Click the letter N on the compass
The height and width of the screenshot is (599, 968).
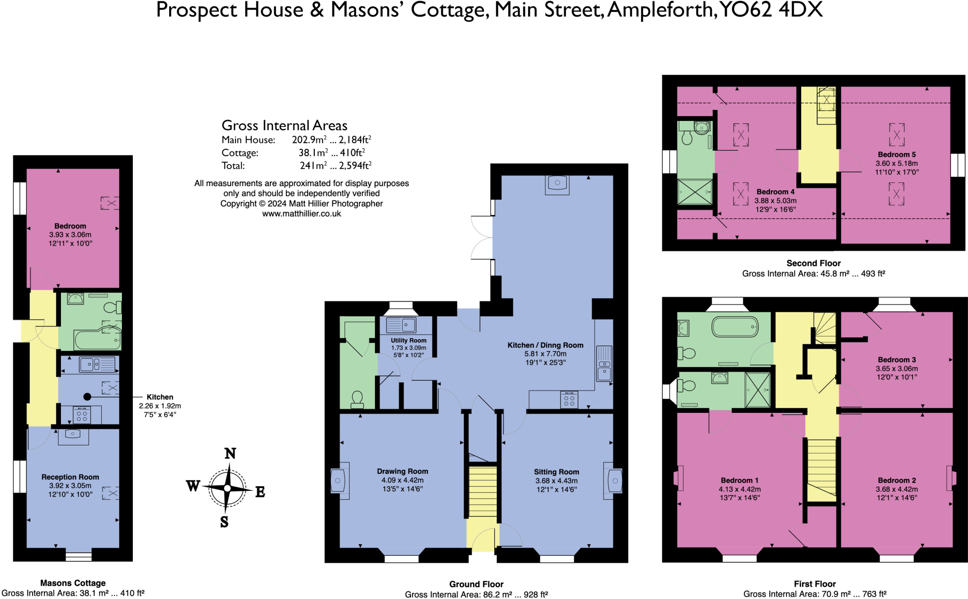(x=230, y=454)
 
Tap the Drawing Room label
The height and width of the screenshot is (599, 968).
(x=402, y=471)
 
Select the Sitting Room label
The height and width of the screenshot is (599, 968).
(x=556, y=472)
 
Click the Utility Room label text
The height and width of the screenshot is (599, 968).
(x=408, y=341)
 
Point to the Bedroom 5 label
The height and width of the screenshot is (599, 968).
(x=897, y=154)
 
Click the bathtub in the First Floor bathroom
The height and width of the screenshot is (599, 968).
(x=735, y=327)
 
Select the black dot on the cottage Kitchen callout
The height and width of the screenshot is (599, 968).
(x=87, y=397)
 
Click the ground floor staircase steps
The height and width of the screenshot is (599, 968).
(x=483, y=491)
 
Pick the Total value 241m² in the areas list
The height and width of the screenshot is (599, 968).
(x=313, y=166)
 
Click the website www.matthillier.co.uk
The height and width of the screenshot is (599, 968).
(x=302, y=214)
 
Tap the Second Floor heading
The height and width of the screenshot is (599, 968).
(x=813, y=264)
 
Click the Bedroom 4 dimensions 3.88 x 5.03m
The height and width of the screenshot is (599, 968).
(x=775, y=201)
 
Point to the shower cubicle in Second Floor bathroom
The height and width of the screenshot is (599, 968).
(x=694, y=192)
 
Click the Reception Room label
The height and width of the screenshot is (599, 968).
(x=70, y=477)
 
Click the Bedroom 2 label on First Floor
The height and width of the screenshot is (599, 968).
(x=897, y=480)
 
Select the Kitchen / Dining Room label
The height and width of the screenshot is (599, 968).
(x=545, y=345)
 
